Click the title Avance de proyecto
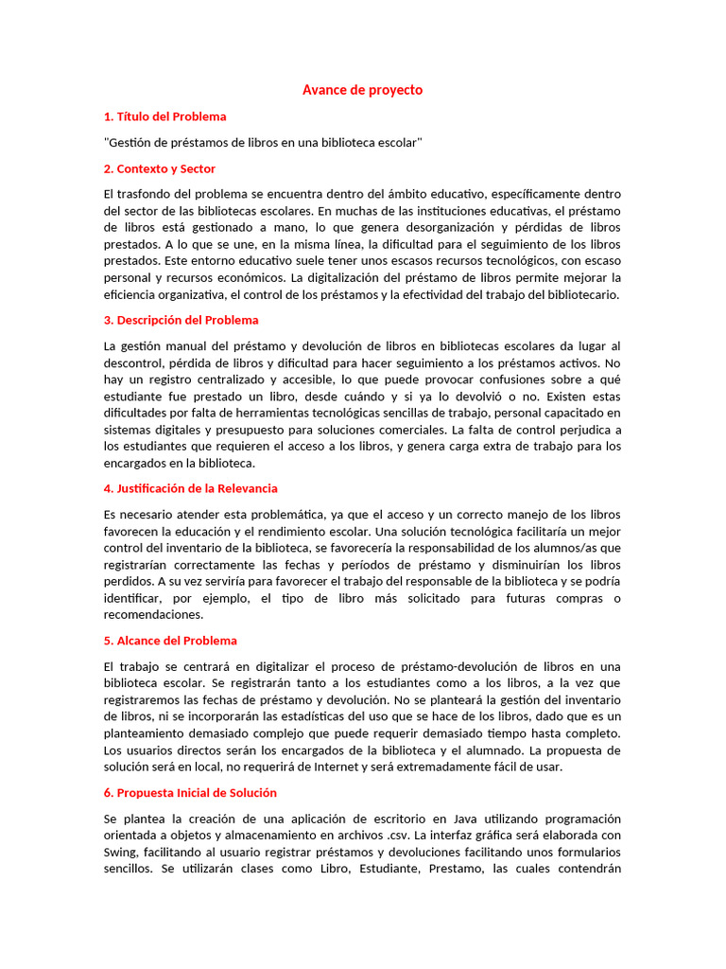pyautogui.click(x=362, y=90)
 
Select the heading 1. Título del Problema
pyautogui.click(x=164, y=116)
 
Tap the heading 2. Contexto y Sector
pyautogui.click(x=159, y=168)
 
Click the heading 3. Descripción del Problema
pyautogui.click(x=181, y=320)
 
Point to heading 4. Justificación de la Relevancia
pyautogui.click(x=190, y=488)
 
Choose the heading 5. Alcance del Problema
pyautogui.click(x=170, y=641)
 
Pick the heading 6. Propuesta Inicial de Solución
pyautogui.click(x=190, y=792)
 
